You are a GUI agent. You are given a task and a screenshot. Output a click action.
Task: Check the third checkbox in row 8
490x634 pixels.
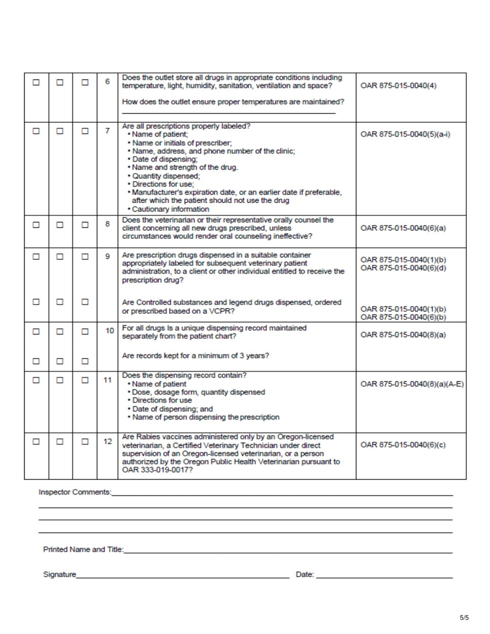pyautogui.click(x=84, y=225)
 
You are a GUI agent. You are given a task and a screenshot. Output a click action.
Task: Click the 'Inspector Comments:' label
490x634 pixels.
pyautogui.click(x=75, y=492)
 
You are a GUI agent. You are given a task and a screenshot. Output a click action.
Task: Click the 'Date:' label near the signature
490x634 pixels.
pyautogui.click(x=305, y=574)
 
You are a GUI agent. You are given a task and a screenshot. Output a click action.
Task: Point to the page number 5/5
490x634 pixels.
pyautogui.click(x=464, y=617)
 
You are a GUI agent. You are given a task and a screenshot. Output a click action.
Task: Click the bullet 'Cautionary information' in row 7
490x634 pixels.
pyautogui.click(x=168, y=209)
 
